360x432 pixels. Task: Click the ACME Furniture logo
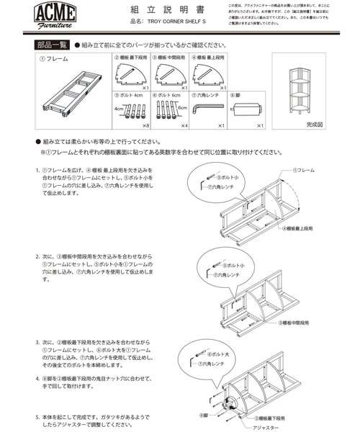pyautogui.click(x=53, y=16)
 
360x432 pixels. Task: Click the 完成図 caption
pyautogui.click(x=295, y=125)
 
